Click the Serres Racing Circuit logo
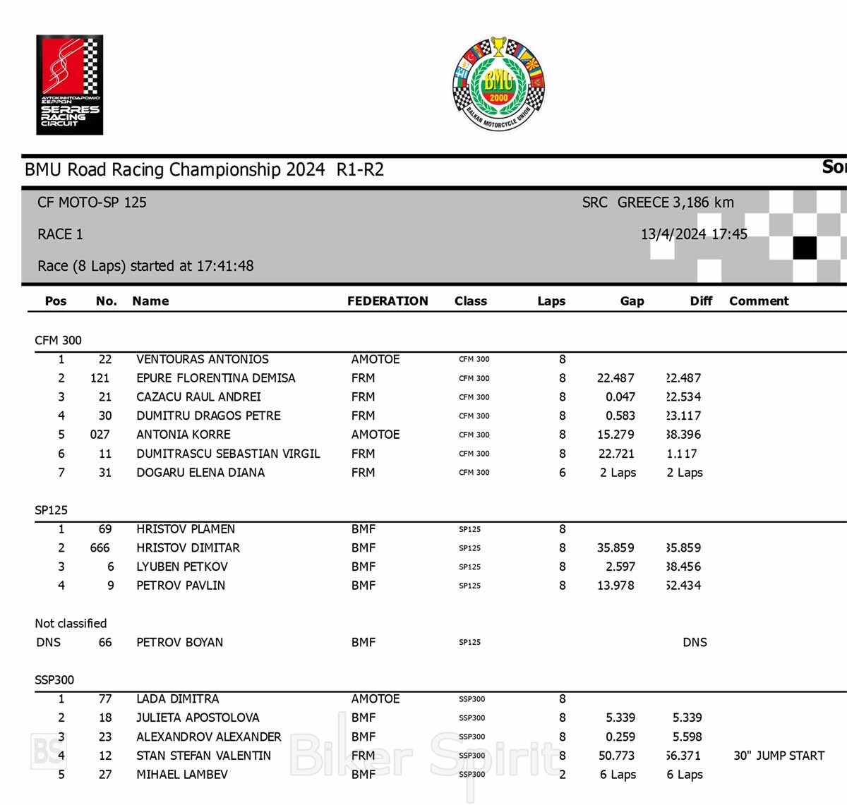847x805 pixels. [x=69, y=85]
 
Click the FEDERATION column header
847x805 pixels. [x=388, y=301]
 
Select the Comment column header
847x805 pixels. [x=759, y=301]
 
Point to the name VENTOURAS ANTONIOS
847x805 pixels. [x=202, y=359]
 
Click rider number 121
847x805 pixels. [x=100, y=378]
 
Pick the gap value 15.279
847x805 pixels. [x=615, y=435]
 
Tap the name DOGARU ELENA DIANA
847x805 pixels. [x=200, y=473]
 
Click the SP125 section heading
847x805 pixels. [x=51, y=510]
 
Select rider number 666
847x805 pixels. [x=100, y=548]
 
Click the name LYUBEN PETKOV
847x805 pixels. [x=182, y=567]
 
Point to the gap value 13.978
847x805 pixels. [x=615, y=586]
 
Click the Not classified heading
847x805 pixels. [x=71, y=624]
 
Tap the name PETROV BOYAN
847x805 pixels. [x=179, y=643]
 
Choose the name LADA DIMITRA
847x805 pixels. [x=177, y=699]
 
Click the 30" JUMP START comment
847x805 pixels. [x=779, y=756]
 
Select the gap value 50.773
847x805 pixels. [x=616, y=756]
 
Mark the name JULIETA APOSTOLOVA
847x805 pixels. [x=198, y=718]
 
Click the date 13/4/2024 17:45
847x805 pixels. [x=694, y=234]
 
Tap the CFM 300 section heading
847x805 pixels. [x=58, y=340]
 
